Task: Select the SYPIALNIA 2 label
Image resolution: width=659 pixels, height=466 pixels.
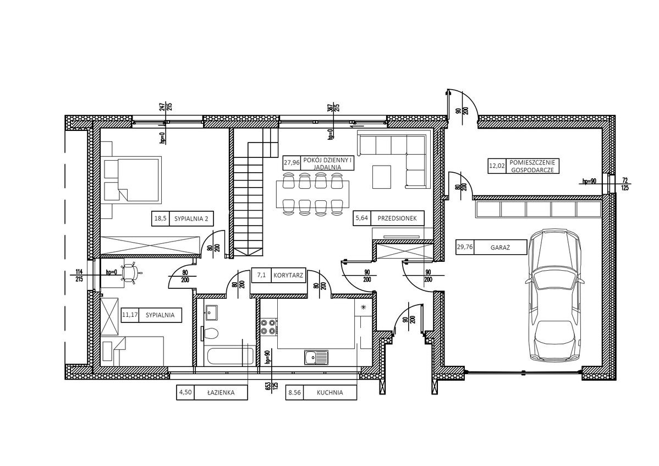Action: (191, 218)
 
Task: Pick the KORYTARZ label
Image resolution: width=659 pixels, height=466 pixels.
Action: (288, 275)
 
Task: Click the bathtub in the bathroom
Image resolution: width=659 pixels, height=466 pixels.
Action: (228, 356)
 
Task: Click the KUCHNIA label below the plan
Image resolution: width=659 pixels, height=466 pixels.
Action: (329, 393)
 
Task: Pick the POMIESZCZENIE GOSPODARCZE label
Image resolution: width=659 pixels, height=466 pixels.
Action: (532, 166)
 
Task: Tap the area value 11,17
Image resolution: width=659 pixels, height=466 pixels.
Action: (130, 315)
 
